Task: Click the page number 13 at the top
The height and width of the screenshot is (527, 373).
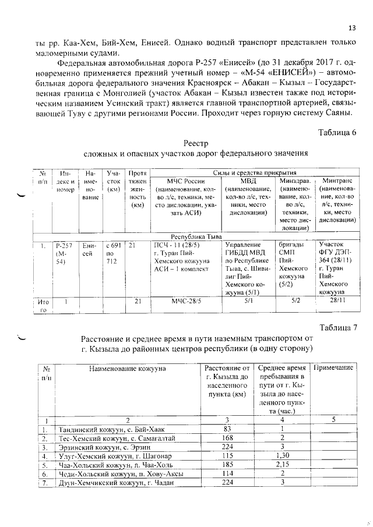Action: click(x=352, y=28)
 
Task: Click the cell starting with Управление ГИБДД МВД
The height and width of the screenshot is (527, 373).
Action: click(x=247, y=265)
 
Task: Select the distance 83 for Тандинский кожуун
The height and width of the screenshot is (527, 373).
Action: click(x=227, y=429)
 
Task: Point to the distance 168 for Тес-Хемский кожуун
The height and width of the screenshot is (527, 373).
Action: click(x=227, y=438)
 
